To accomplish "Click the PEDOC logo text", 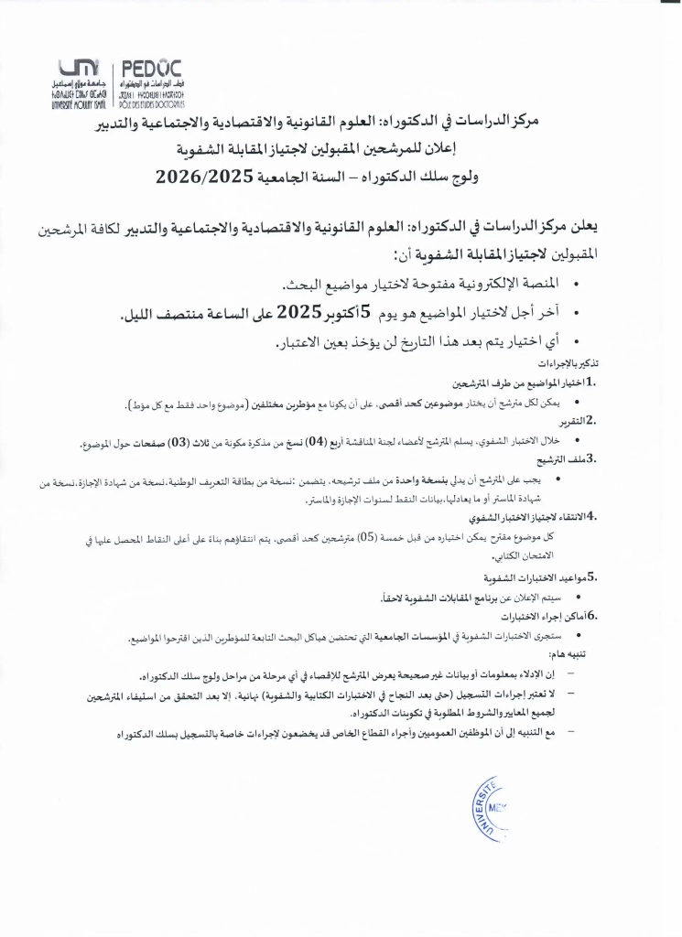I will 150,68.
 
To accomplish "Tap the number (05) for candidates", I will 365,538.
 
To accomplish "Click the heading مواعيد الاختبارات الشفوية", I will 536,578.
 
